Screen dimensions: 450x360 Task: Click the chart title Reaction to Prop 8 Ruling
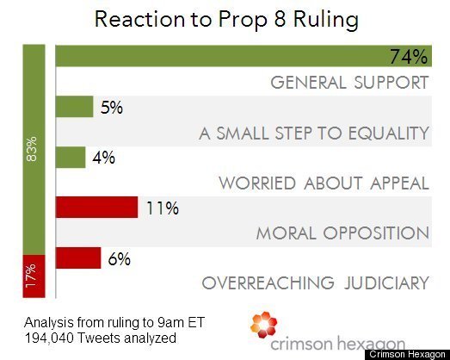pos(226,20)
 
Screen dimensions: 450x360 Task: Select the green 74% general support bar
pos(243,56)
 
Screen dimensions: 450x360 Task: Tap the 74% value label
pos(409,57)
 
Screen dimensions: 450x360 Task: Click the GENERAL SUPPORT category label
pos(349,83)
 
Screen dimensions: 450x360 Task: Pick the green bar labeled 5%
pos(74,107)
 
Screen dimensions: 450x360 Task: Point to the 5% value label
pos(112,108)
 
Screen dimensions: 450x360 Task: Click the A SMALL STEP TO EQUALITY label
pos(314,133)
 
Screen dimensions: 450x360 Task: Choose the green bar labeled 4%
pos(71,157)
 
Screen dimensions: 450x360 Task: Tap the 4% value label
pos(103,158)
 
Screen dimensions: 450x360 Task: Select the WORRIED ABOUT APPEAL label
pos(324,183)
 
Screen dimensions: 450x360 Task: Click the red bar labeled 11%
pos(96,208)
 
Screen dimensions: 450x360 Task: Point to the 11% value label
pos(163,208)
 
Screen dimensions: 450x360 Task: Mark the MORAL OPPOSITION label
pos(342,233)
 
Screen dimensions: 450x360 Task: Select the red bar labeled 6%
pos(78,258)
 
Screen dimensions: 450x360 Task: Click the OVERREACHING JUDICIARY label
pos(316,283)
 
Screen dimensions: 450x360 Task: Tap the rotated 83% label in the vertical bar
pos(32,149)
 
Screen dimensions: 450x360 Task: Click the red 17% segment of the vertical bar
pos(34,276)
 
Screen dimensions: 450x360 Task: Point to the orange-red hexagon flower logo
pos(264,325)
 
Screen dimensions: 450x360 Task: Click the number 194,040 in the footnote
pos(49,338)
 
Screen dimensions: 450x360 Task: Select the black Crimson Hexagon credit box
pos(407,355)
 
